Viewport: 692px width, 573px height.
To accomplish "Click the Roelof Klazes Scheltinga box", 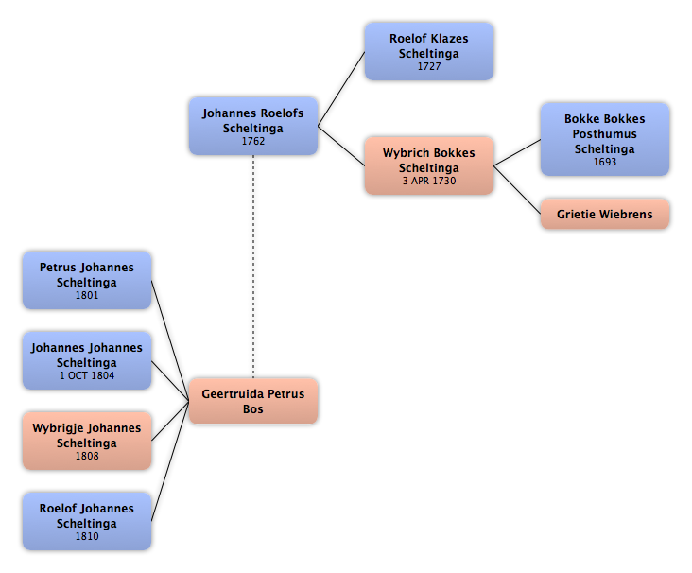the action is pos(429,52).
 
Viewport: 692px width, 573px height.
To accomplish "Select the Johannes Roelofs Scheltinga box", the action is pos(253,127).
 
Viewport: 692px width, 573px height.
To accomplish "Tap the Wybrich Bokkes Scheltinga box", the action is pos(429,165).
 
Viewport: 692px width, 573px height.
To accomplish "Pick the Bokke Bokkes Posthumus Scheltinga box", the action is pos(605,140).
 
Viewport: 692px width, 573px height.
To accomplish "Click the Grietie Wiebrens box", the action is pos(605,214).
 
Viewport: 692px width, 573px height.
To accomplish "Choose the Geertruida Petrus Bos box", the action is pos(253,401).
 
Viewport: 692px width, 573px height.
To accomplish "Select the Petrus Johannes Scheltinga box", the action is pos(87,280).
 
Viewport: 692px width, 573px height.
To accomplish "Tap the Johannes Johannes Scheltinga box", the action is pos(87,360).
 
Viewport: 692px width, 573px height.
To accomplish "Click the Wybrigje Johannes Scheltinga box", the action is pos(87,441).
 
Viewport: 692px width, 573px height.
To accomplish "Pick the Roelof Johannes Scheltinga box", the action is pos(87,521).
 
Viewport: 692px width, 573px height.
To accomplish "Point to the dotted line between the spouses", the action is pos(253,267).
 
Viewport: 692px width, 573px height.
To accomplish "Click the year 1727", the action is pos(429,66).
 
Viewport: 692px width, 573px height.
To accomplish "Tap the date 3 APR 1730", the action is pos(429,181).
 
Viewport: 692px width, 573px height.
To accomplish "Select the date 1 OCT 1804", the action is pos(87,375).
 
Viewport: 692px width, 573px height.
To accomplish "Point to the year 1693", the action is pos(605,162).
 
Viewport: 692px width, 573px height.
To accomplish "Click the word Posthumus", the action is pos(605,133).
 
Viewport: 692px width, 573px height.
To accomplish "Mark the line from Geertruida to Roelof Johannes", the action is pos(170,460).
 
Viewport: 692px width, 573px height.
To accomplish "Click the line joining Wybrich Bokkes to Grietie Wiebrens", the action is pos(517,190).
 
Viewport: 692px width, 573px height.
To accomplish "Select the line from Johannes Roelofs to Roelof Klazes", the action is pos(341,89).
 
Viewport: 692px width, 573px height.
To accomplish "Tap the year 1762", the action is pos(253,141).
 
